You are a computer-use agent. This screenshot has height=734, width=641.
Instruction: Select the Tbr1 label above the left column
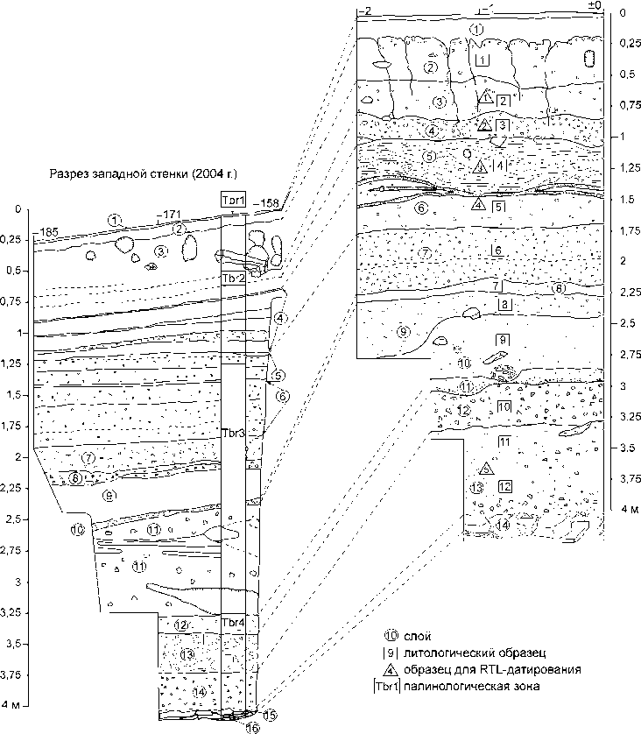[x=233, y=201]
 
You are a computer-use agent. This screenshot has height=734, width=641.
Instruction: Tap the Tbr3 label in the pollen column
[x=233, y=434]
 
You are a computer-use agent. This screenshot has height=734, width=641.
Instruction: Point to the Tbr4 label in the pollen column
[x=233, y=623]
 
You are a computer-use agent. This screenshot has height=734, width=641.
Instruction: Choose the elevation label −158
[x=266, y=204]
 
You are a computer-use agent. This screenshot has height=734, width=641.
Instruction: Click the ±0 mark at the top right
[x=595, y=7]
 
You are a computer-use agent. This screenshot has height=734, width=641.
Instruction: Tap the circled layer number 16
[x=252, y=727]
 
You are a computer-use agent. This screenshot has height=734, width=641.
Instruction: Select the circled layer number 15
[x=270, y=715]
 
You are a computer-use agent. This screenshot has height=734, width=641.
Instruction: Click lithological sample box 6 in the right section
[x=497, y=251]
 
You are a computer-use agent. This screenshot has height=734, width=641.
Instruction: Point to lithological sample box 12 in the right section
[x=504, y=486]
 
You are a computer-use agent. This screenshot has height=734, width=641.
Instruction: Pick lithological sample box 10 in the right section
[x=504, y=407]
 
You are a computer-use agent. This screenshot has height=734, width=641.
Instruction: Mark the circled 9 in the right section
[x=402, y=331]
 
